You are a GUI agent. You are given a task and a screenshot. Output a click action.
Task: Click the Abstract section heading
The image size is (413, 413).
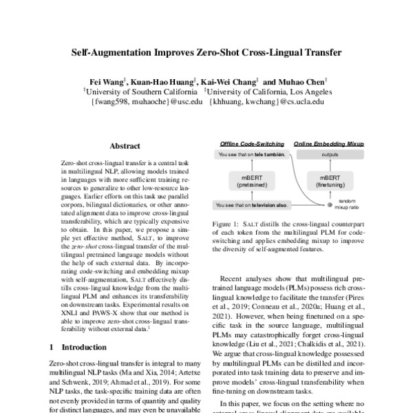125,146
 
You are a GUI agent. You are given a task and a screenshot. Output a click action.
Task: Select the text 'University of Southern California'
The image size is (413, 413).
140,90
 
